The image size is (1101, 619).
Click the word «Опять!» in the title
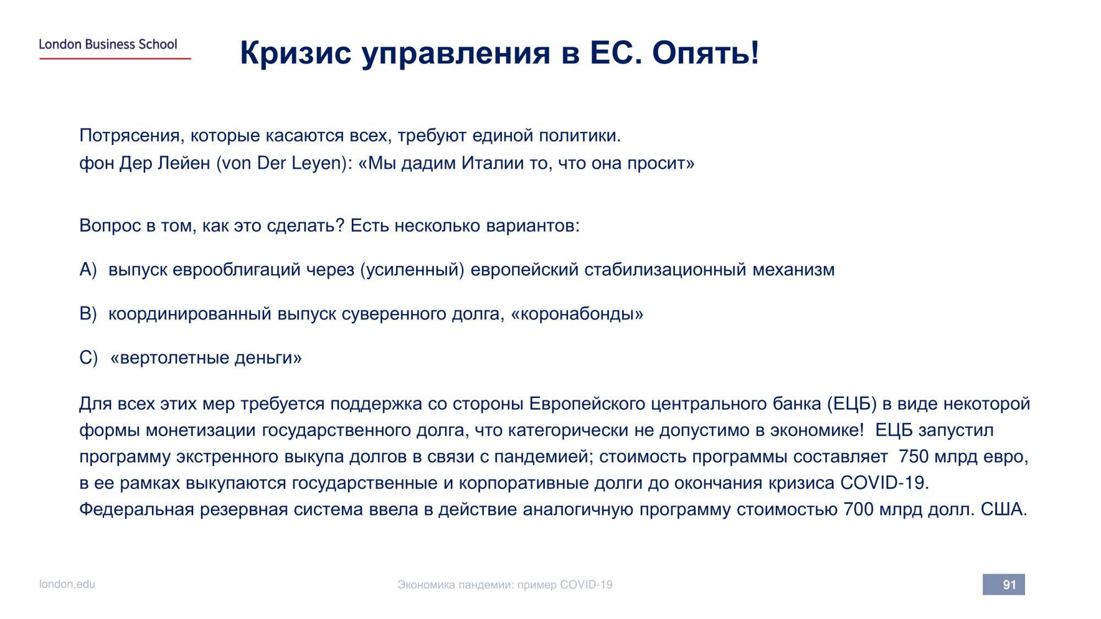point(706,53)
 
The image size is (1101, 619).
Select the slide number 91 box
point(1004,584)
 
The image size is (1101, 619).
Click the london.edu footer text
point(67,584)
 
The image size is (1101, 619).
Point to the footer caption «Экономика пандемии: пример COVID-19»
point(505,585)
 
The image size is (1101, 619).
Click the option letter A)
point(88,270)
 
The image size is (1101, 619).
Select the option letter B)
point(88,314)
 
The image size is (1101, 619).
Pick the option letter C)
point(89,358)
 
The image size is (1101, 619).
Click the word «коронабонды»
point(577,314)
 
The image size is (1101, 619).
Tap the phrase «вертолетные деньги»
point(206,358)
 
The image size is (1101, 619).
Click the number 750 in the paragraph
point(913,457)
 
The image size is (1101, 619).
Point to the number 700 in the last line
point(858,510)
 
